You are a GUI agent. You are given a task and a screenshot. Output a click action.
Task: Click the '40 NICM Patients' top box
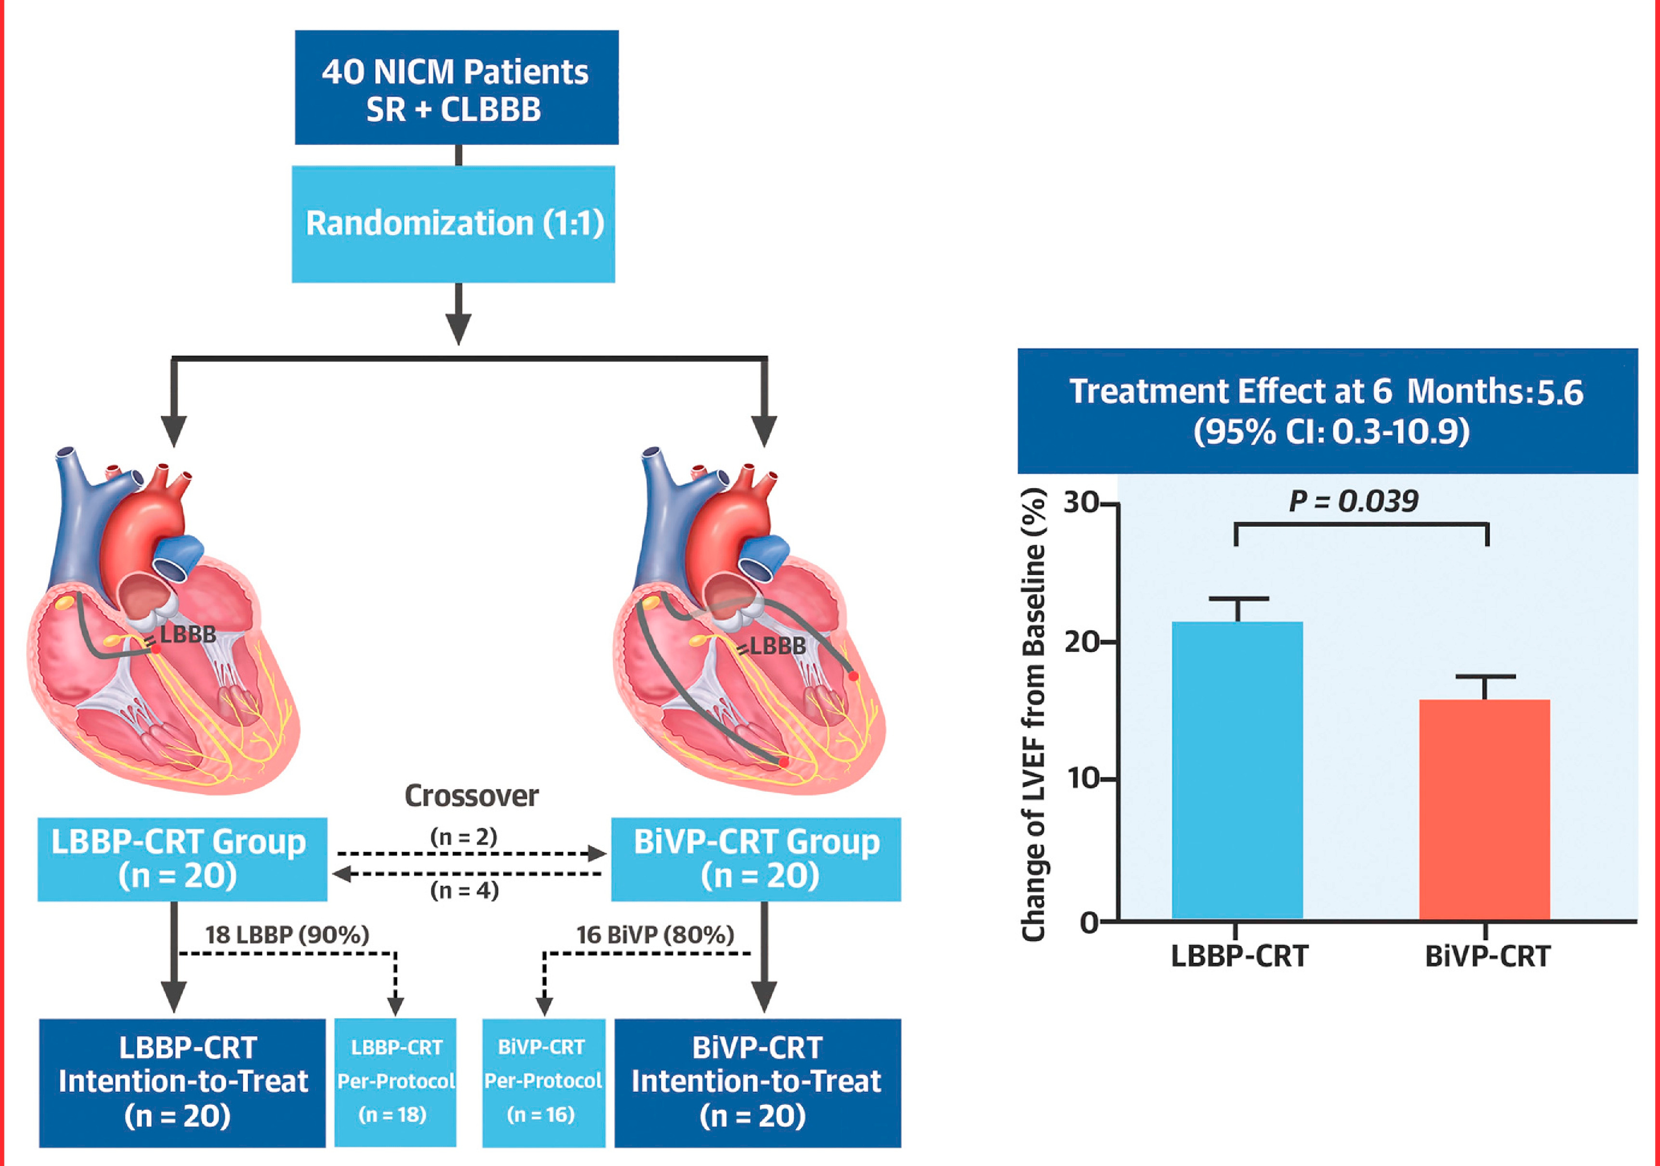point(456,88)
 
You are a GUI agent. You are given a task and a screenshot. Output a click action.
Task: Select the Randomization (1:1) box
point(453,224)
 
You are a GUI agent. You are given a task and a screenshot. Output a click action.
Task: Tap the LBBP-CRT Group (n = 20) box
point(182,859)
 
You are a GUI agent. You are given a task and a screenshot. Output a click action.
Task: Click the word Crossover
point(472,795)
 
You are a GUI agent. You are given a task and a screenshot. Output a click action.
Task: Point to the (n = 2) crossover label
point(463,837)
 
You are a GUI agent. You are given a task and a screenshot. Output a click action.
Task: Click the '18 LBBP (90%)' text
point(287,935)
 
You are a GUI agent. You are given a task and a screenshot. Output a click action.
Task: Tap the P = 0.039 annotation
point(1354,501)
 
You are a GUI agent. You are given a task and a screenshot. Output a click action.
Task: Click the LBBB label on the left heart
point(187,635)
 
